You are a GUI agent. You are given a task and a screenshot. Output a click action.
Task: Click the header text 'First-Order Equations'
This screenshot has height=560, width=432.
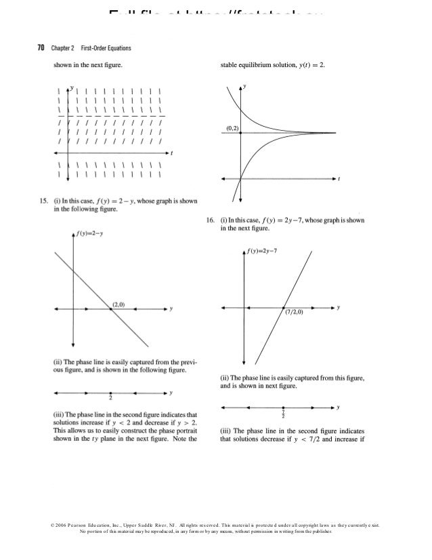pyautogui.click(x=107, y=48)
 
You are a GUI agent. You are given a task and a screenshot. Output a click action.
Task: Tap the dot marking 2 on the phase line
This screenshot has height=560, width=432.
pyautogui.click(x=111, y=393)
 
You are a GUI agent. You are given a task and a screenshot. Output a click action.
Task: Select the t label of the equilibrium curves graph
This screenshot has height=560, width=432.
pyautogui.click(x=339, y=179)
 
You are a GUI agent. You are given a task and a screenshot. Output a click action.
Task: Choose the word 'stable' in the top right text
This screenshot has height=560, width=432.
pyautogui.click(x=231, y=66)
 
